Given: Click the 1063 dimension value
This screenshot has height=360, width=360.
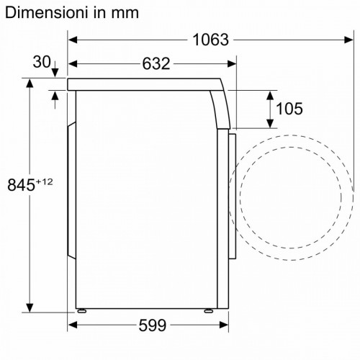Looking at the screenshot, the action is pos(210,40).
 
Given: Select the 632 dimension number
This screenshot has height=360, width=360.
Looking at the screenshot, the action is pos(156,64).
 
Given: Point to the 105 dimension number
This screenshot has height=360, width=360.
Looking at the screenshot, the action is pos(289,109).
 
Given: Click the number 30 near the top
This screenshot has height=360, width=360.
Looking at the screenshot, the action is pos(42,62).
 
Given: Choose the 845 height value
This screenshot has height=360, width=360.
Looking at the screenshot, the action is pos(21,185).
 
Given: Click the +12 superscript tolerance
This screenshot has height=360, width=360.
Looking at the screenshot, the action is pos(44,182).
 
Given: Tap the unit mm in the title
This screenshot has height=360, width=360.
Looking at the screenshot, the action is pos(125,14).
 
